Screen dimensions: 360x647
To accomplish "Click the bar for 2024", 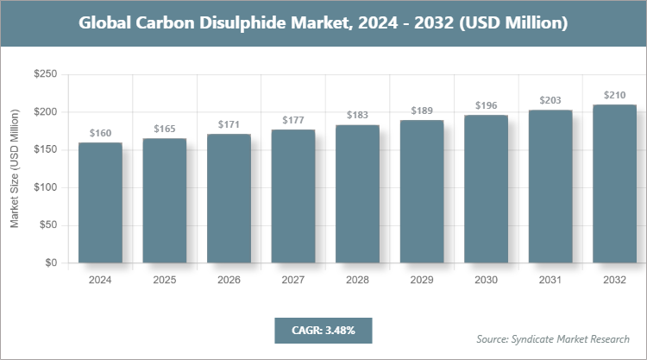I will pyautogui.click(x=100, y=202).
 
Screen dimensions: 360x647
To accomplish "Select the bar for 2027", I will pyautogui.click(x=292, y=196).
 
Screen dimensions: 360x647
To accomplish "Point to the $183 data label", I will pyautogui.click(x=357, y=116).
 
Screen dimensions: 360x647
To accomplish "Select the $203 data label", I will pyautogui.click(x=550, y=100).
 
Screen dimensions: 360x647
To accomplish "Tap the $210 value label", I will pyautogui.click(x=613, y=95).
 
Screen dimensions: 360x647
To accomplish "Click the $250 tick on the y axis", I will pyautogui.click(x=45, y=75).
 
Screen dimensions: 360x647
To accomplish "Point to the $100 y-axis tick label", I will pyautogui.click(x=45, y=187).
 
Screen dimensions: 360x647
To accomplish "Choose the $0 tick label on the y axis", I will pyautogui.click(x=51, y=262).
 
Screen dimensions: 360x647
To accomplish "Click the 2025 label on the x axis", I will pyautogui.click(x=164, y=280).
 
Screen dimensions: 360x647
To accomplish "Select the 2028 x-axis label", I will pyautogui.click(x=357, y=280).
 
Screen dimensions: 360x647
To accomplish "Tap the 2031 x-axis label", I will pyautogui.click(x=550, y=280).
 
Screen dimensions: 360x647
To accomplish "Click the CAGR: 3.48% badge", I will pyautogui.click(x=323, y=330).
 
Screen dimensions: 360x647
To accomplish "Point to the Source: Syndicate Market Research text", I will pyautogui.click(x=553, y=339).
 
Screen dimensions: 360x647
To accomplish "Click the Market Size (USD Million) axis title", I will pyautogui.click(x=15, y=169).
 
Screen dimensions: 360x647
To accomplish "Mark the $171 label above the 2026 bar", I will pyautogui.click(x=229, y=125).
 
